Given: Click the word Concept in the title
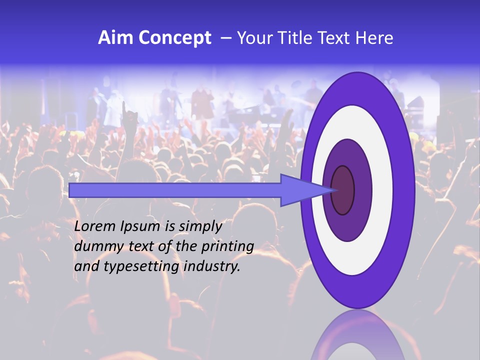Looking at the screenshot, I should coord(174,37).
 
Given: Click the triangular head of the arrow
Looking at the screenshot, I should coord(300,190).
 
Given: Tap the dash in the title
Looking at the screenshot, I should coord(226,37).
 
